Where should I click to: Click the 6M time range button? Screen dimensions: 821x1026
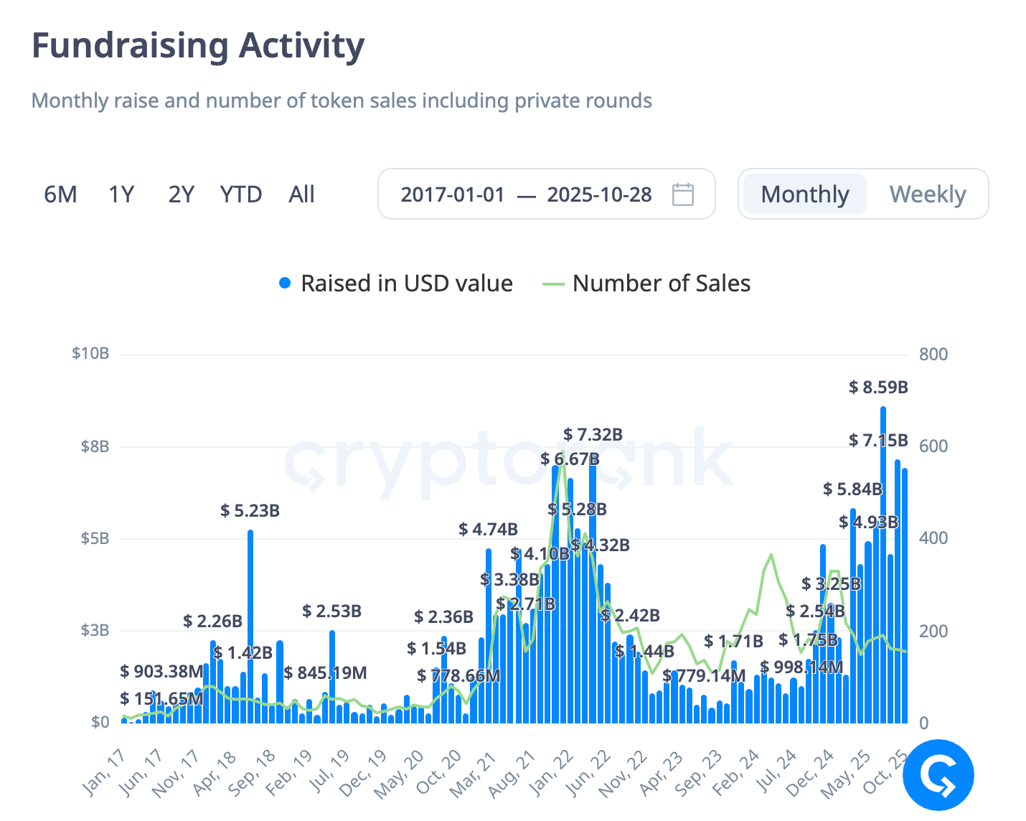(x=60, y=194)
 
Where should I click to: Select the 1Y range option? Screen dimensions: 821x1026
(x=121, y=194)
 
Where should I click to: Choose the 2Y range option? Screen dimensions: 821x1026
(x=181, y=194)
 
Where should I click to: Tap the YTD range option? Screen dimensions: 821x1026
(x=241, y=194)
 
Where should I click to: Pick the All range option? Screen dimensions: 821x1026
(x=301, y=194)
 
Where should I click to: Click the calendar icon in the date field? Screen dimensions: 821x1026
(x=682, y=194)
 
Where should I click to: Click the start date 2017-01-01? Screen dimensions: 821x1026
(x=453, y=194)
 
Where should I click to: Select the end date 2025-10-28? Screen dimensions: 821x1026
(x=599, y=194)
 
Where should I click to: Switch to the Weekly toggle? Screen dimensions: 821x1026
(x=927, y=194)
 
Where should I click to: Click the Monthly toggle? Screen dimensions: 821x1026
(x=804, y=194)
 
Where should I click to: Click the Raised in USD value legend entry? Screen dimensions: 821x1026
(x=396, y=283)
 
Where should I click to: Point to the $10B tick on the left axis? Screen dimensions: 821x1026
(x=90, y=354)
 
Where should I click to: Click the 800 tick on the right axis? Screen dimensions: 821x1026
(x=933, y=354)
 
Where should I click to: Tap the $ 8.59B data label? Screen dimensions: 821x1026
(x=878, y=388)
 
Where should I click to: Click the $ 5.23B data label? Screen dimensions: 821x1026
(x=250, y=511)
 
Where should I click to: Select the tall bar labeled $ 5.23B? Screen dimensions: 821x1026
(x=250, y=624)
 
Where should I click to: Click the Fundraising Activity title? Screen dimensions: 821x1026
(x=198, y=46)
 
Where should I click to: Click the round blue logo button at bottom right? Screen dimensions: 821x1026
(x=938, y=775)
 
